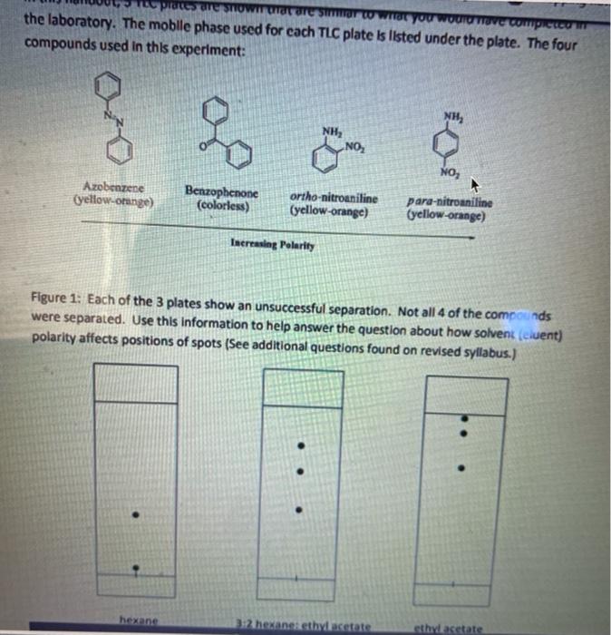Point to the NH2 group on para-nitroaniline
pos(451,116)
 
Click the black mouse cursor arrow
pos(472,183)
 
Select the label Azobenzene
pos(112,184)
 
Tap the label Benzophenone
pos(222,193)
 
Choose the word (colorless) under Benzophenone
pos(222,205)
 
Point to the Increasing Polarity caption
pos(269,244)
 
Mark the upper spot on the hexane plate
pos(135,514)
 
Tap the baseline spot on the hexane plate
pos(135,569)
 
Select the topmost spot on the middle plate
pos(302,445)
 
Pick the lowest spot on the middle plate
pos(302,507)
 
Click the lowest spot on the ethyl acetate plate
pos(464,468)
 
